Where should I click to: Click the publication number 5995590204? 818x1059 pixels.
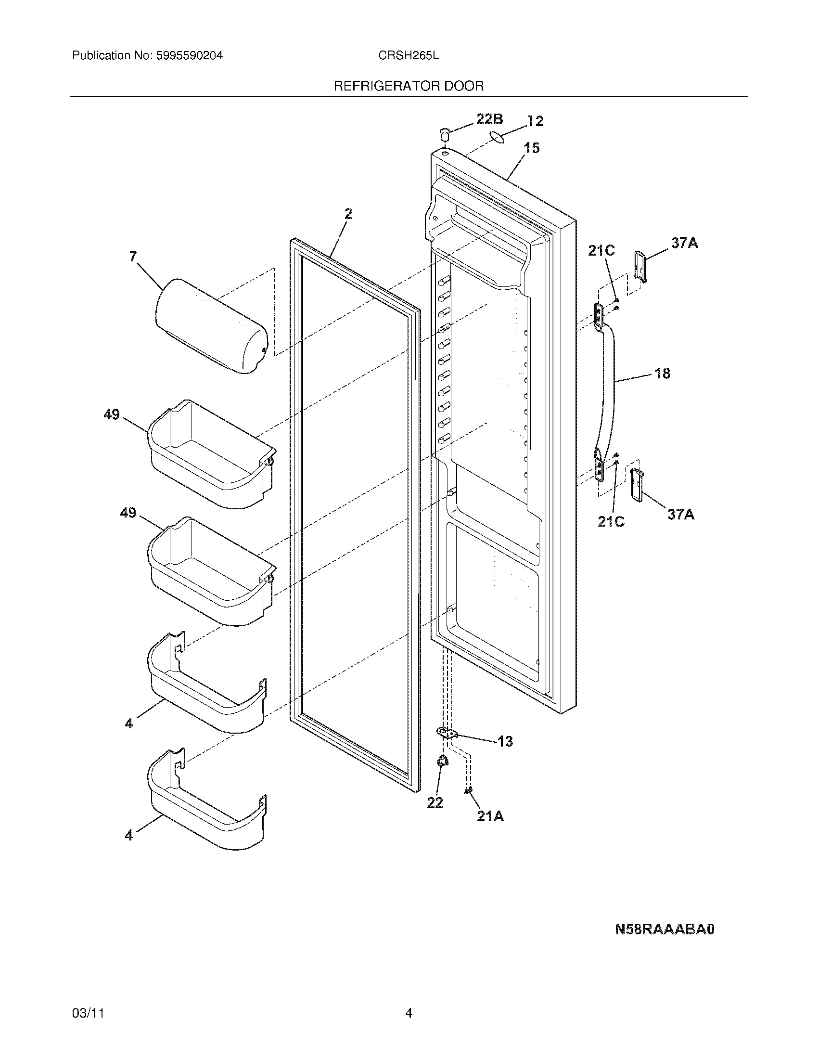189,56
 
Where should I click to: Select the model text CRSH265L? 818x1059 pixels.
409,56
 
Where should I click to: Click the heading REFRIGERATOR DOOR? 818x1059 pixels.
409,86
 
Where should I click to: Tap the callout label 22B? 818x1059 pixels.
489,119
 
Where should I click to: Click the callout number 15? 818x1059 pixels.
532,148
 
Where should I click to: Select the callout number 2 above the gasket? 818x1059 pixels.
348,214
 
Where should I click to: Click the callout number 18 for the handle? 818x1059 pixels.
662,373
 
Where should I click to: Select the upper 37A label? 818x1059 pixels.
684,243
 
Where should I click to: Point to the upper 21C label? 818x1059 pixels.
601,250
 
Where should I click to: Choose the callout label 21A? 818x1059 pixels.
490,816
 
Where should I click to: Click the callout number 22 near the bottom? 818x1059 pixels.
435,802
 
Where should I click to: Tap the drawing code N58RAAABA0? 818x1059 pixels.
665,929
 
